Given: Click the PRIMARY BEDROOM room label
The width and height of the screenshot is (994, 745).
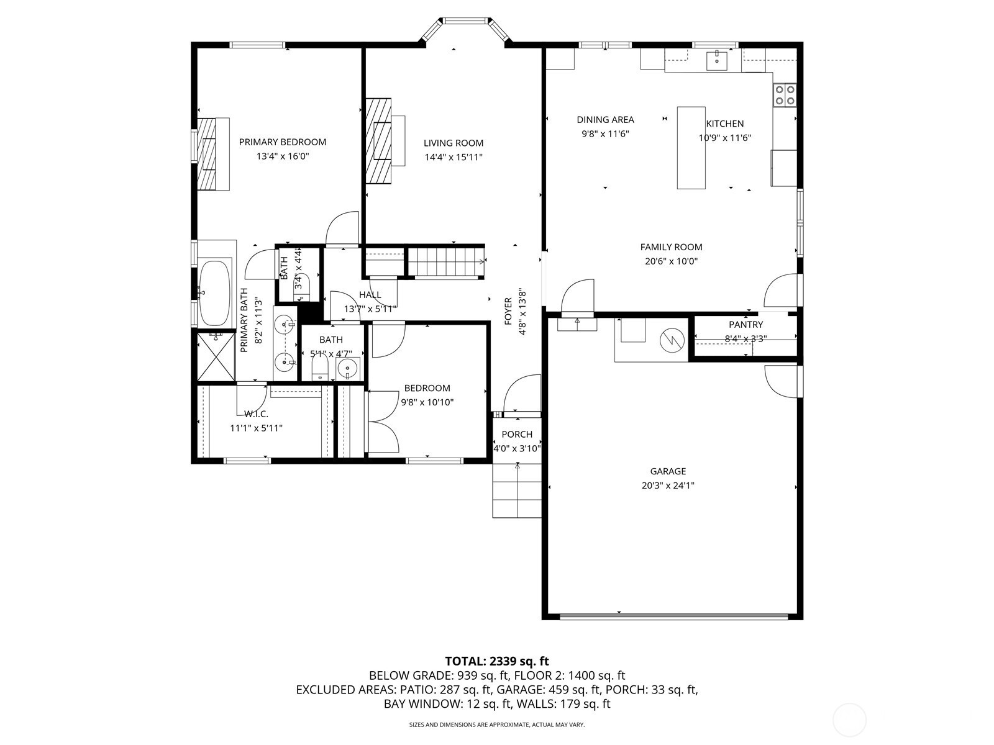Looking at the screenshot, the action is coord(283,142).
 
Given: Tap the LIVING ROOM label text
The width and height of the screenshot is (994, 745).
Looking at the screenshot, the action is coord(454,143).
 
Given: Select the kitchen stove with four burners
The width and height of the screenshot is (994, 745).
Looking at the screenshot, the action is coord(785,95).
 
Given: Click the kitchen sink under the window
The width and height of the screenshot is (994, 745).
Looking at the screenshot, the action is coord(717,61).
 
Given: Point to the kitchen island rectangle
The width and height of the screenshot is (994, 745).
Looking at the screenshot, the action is coord(691,148).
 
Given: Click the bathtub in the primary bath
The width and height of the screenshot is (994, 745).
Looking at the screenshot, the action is coord(215,292).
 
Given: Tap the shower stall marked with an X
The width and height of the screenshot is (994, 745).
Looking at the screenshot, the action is coord(216,357).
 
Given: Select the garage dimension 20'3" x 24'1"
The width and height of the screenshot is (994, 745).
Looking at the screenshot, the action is coord(668,485).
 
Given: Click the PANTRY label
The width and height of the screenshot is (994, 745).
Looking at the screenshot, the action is coord(746,324).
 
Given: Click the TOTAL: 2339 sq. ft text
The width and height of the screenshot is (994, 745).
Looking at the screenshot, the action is coord(497,661).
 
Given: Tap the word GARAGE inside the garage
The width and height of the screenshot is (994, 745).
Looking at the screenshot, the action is coord(668,471).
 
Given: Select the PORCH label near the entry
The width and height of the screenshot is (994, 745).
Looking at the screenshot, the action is coord(517,434).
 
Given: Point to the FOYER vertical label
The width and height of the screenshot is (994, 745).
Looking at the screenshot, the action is coord(509,311).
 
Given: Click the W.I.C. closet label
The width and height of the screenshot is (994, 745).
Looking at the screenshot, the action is coord(257,414).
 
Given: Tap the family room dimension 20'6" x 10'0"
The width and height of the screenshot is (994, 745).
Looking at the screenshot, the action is coord(671,261).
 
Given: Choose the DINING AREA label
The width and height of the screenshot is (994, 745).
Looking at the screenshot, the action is coord(606,120).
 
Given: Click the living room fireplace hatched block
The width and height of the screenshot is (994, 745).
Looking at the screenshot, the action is coord(378,141).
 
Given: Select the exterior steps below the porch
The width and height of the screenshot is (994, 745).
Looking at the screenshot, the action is coord(517,490).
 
